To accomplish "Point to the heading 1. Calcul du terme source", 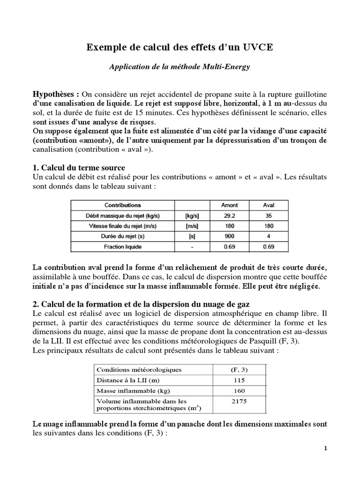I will coord(78,168).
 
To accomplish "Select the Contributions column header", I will coord(122,205).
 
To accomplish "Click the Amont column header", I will coord(229,205).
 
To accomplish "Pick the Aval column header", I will coord(269,205).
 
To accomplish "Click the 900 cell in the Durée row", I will coord(229,236).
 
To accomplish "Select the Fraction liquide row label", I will coord(122,247).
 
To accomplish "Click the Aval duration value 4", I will coord(269,236).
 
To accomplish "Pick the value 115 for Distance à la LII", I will coord(238,381).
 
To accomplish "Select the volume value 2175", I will coord(238,401).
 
